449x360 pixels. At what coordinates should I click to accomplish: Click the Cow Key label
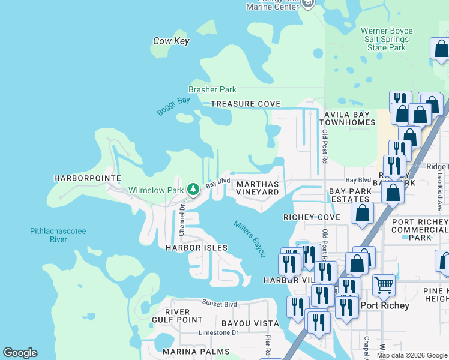click(171, 41)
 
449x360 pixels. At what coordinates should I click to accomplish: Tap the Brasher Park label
click(212, 89)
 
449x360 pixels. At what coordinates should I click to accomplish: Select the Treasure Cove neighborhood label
click(246, 104)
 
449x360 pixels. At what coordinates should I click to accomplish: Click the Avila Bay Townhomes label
click(349, 118)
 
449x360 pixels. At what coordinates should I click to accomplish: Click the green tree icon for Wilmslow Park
click(193, 190)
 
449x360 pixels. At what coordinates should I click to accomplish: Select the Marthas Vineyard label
click(258, 188)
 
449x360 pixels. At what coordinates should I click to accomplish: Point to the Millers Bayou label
click(249, 238)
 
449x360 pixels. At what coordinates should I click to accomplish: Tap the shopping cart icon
click(384, 284)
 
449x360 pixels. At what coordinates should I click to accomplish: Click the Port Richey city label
click(385, 305)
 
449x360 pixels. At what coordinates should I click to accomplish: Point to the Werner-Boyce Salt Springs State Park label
click(384, 39)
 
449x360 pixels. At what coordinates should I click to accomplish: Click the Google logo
click(20, 353)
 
